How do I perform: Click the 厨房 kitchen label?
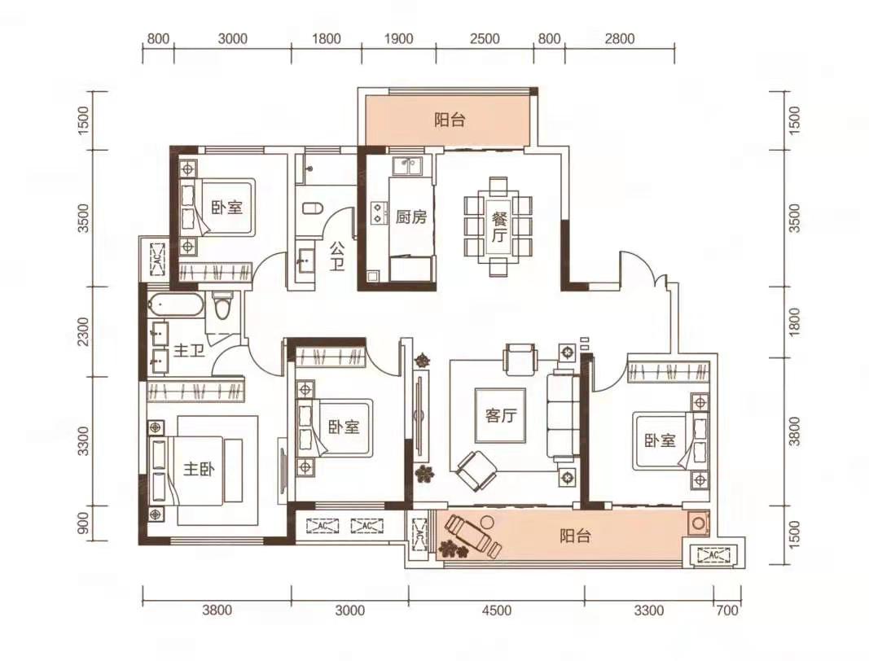[x=411, y=217]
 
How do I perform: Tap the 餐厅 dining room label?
[x=498, y=227]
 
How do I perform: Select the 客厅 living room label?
[x=500, y=415]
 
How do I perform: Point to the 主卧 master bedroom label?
[x=199, y=469]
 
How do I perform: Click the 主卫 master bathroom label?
[x=190, y=351]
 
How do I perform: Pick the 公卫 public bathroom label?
[x=337, y=256]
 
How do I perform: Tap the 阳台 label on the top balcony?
[x=450, y=120]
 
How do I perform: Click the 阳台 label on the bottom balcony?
[x=575, y=536]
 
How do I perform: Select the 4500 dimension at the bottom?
[x=497, y=611]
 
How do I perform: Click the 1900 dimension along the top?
[x=398, y=39]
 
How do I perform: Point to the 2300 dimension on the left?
[x=83, y=331]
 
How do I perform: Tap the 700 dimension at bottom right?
[x=727, y=611]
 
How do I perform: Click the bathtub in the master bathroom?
[x=176, y=305]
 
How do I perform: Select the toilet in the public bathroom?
[x=313, y=209]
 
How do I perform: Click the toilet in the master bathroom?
[x=222, y=307]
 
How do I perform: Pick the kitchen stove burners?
[x=379, y=212]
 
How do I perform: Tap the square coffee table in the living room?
[x=500, y=415]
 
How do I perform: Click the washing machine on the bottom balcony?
[x=698, y=523]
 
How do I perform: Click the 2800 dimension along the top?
[x=619, y=39]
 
